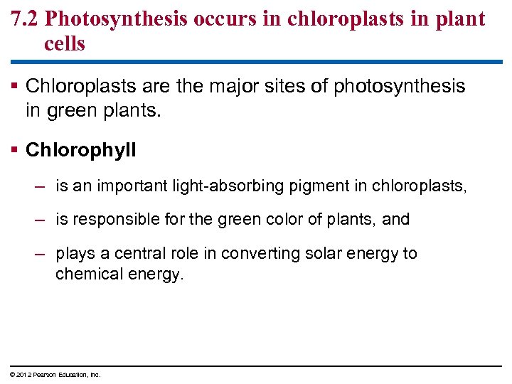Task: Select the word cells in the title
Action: coord(65,44)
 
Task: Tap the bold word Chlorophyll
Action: coord(80,150)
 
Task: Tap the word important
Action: coord(127,186)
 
